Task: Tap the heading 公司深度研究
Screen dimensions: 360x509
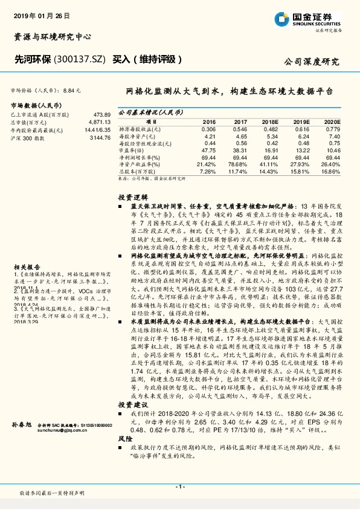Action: (312, 61)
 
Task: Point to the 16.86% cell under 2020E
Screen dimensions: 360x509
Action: (330, 171)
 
